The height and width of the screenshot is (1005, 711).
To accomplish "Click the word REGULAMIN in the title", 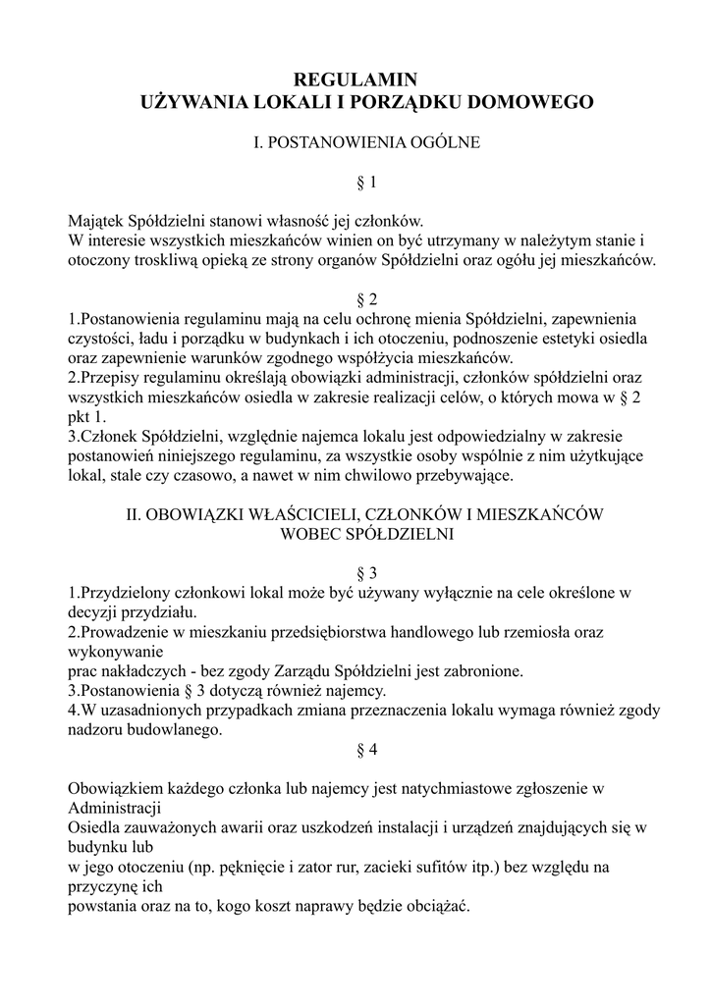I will point(355,79).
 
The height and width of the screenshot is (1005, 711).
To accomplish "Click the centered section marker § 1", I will point(355,182).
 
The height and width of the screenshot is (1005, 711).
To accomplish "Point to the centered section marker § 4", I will point(355,749).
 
